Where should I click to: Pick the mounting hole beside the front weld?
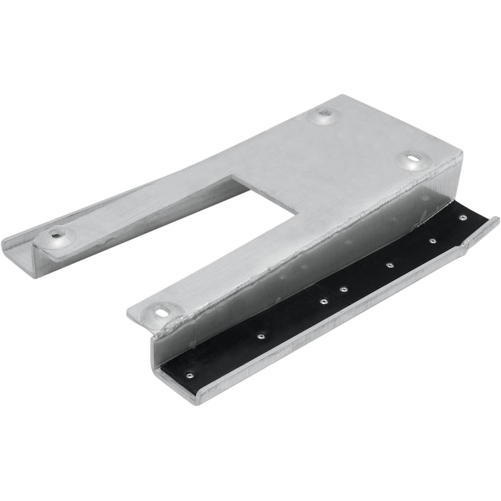coord(161,310)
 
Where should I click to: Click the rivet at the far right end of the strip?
coord(462,218)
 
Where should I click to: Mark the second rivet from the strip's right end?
coord(432,241)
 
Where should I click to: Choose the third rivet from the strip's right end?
coord(390,264)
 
